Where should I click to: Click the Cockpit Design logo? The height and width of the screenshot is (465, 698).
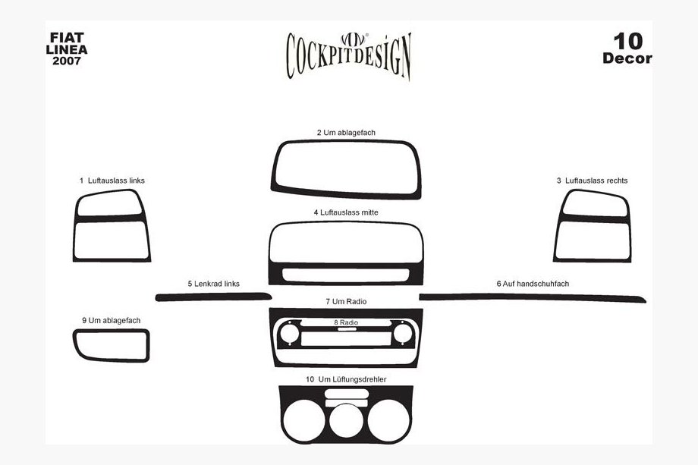[348, 55]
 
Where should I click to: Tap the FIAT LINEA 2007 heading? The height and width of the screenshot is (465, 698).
[67, 49]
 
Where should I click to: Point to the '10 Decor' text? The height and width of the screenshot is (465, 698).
[627, 48]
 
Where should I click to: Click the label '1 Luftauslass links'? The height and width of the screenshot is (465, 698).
[112, 181]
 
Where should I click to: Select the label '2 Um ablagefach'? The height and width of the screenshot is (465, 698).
[346, 133]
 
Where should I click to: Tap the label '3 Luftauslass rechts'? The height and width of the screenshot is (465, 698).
[592, 181]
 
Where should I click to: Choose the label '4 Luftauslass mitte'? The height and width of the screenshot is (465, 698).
[346, 212]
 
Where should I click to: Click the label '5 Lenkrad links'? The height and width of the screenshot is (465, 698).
[214, 284]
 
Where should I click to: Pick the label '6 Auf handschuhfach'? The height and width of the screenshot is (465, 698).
[533, 284]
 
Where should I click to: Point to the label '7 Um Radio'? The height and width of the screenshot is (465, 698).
[346, 302]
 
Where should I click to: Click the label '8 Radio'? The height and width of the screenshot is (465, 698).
[346, 322]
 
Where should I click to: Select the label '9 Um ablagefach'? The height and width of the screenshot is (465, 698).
[112, 320]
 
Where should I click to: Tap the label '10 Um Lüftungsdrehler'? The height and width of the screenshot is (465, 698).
[346, 379]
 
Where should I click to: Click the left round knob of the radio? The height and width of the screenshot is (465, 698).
[289, 333]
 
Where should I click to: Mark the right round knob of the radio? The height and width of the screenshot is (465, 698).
[403, 333]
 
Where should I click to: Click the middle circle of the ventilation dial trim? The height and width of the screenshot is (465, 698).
[346, 420]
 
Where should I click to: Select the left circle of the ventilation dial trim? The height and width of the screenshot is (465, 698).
[304, 420]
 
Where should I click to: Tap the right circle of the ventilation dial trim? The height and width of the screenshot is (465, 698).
[388, 420]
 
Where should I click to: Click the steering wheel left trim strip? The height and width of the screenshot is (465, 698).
[214, 297]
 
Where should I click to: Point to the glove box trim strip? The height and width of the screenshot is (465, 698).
[533, 297]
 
